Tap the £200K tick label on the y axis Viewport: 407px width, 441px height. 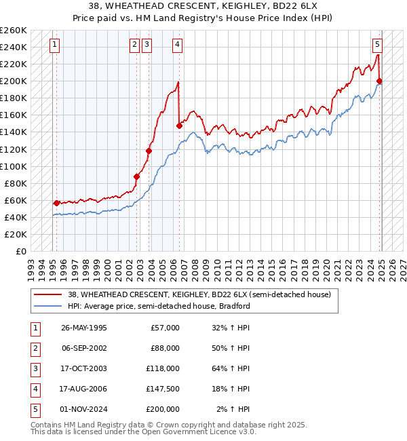pyautogui.click(x=14, y=81)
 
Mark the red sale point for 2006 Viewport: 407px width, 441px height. pyautogui.click(x=179, y=126)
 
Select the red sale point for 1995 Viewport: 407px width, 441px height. pyautogui.click(x=56, y=202)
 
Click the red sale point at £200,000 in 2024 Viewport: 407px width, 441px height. pyautogui.click(x=380, y=81)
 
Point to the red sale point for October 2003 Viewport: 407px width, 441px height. pyautogui.click(x=149, y=151)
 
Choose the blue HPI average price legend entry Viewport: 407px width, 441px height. pyautogui.click(x=159, y=306)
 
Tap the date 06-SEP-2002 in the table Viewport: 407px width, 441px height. pyautogui.click(x=83, y=348)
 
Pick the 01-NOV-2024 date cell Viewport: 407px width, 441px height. pyautogui.click(x=83, y=409)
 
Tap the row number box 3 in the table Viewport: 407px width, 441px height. pyautogui.click(x=34, y=368)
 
